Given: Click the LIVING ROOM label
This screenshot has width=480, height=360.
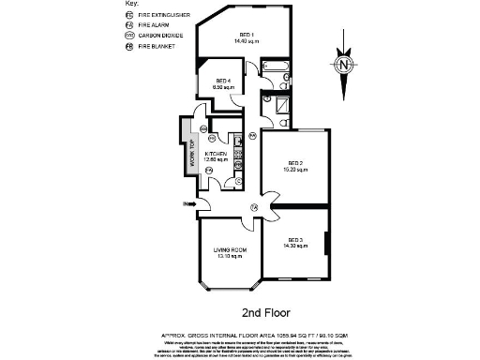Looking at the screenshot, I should [x=230, y=249].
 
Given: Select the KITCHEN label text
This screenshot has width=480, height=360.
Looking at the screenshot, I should [x=217, y=153].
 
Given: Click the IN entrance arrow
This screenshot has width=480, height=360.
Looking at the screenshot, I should [x=187, y=203].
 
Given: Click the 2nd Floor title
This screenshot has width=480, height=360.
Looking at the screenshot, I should [x=268, y=311].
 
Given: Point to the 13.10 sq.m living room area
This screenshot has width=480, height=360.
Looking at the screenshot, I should [x=230, y=256].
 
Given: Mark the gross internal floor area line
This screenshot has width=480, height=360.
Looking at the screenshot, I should [x=268, y=331].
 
